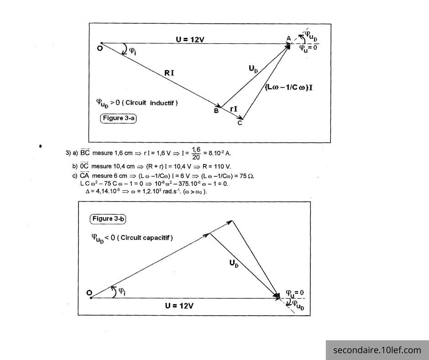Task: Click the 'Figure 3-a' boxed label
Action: tap(119, 118)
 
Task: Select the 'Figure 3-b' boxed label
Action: tap(108, 219)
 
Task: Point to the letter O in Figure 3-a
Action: tap(99, 48)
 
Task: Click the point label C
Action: tap(240, 122)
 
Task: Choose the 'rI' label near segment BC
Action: tap(233, 109)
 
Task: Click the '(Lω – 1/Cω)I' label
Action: tap(289, 87)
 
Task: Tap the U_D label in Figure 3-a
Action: tap(254, 69)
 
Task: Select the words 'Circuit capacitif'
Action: tap(147, 238)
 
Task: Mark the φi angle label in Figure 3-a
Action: tap(133, 51)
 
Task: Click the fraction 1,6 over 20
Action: tap(196, 153)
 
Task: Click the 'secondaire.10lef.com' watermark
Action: tap(377, 350)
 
